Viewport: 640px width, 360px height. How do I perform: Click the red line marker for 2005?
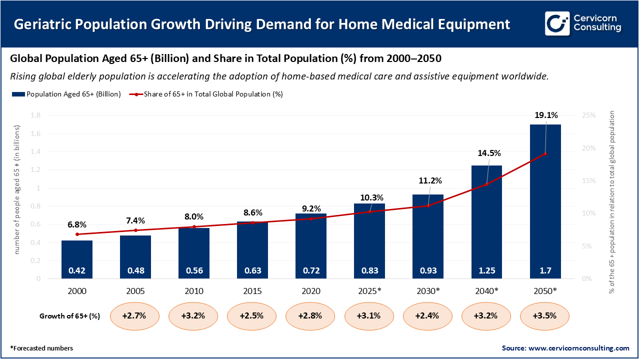point(135,230)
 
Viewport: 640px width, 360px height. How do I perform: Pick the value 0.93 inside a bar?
point(428,270)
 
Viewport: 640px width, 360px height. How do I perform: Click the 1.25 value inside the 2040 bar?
point(486,270)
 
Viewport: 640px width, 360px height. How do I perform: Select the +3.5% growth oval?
point(545,316)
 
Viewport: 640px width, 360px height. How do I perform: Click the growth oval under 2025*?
point(369,316)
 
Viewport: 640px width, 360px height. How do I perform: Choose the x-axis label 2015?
point(252,290)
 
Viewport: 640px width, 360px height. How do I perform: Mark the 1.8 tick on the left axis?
point(35,115)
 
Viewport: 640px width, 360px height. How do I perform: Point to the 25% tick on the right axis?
point(589,115)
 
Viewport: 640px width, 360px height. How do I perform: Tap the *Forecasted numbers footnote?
point(41,348)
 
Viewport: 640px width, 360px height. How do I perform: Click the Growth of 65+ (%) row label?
point(69,316)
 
